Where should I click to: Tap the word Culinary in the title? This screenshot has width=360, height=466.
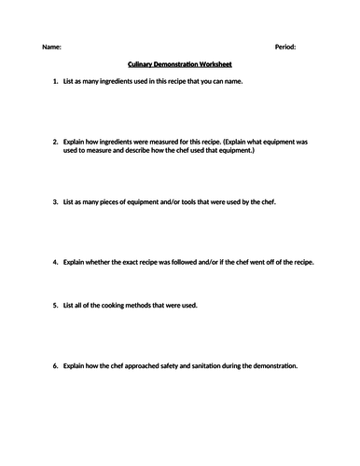(x=138, y=65)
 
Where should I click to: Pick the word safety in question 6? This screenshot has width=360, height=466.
(x=164, y=365)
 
